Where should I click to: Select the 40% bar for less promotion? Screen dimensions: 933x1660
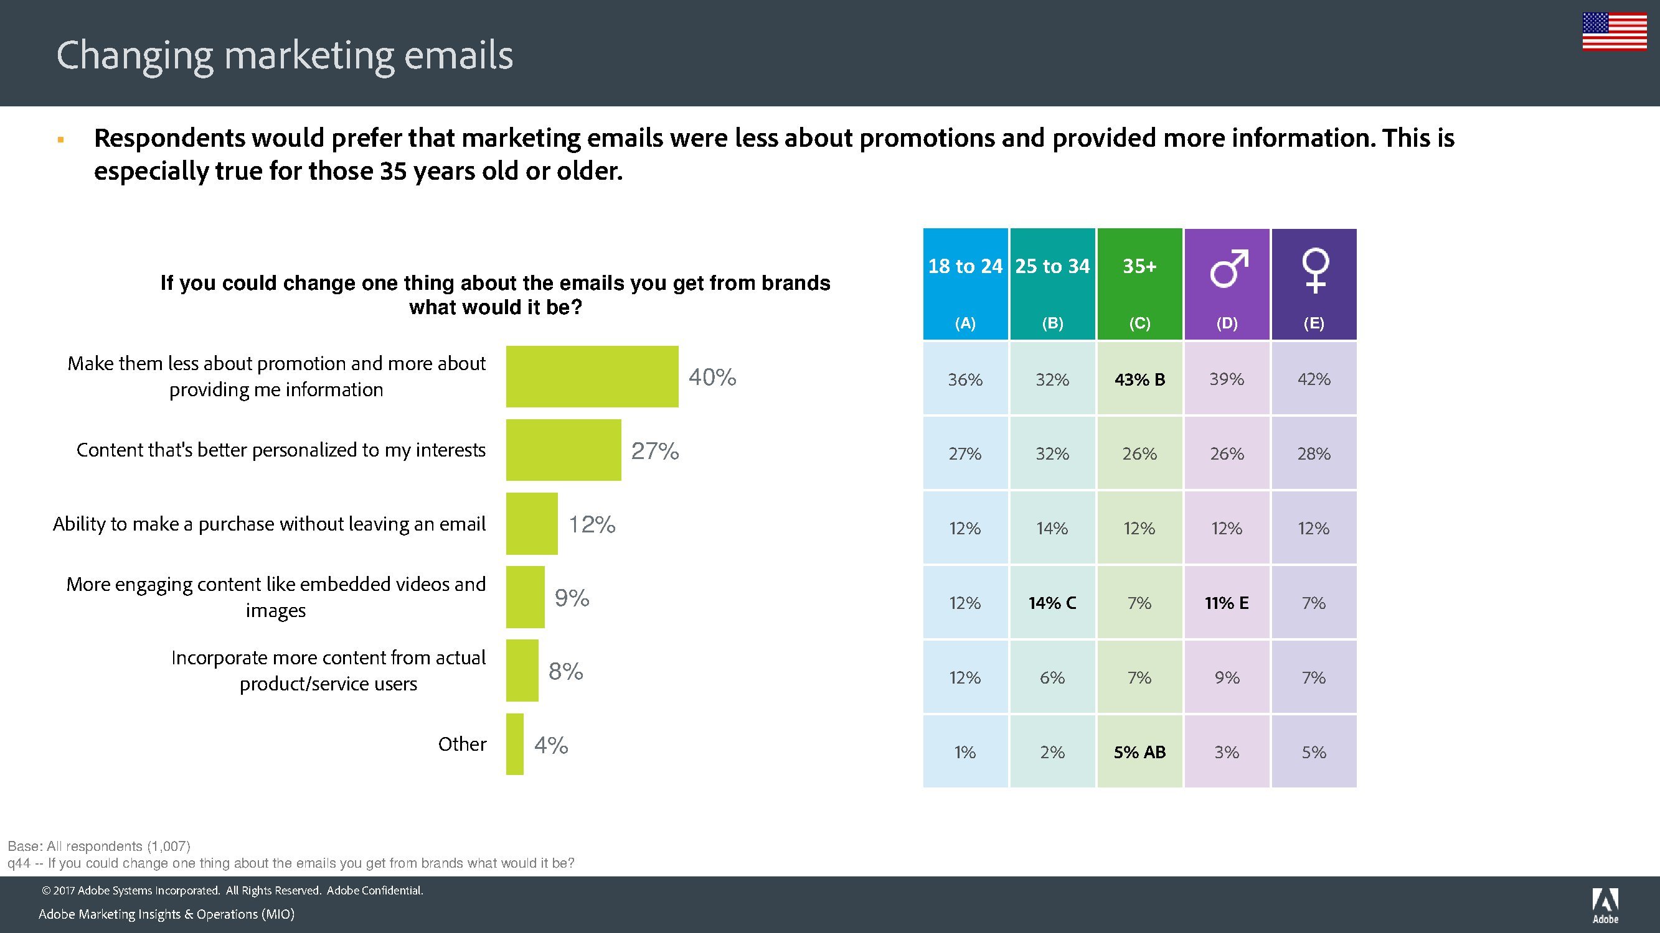point(592,377)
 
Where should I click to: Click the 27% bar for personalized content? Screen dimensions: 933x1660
point(564,450)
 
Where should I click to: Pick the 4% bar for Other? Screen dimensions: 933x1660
point(514,745)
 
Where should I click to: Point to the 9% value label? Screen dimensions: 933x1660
point(572,598)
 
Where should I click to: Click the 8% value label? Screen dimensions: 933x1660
point(565,672)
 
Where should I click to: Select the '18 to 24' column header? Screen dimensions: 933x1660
point(964,267)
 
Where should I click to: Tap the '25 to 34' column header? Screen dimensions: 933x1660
point(1052,267)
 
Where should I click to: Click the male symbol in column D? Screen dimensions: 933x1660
point(1228,268)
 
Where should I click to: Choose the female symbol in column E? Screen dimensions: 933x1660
point(1314,270)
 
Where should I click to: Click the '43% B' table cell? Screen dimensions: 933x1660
point(1139,379)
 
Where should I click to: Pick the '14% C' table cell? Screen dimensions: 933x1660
point(1052,603)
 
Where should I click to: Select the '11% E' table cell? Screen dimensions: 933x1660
point(1226,603)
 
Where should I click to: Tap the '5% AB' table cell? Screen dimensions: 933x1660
point(1139,752)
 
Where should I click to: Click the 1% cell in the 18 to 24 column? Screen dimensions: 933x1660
point(964,752)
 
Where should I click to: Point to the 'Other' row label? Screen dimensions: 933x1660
point(462,745)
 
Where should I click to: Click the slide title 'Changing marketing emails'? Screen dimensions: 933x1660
point(284,55)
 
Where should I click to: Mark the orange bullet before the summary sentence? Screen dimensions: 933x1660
point(60,140)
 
